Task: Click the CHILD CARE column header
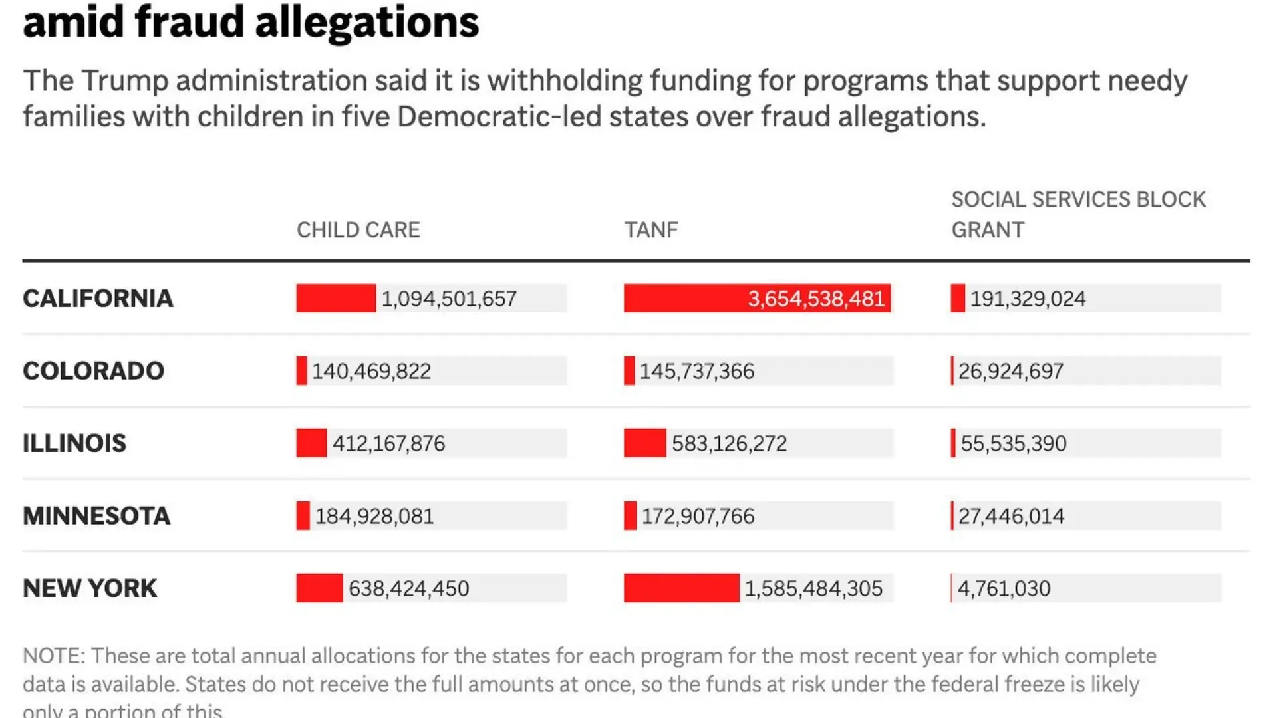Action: (x=358, y=230)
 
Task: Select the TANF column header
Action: (x=650, y=230)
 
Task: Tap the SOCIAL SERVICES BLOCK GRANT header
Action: (x=1077, y=214)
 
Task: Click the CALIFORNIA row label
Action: (x=98, y=299)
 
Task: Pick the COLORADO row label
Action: (x=93, y=371)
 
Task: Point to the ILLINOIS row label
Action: (x=74, y=443)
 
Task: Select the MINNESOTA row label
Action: (x=96, y=516)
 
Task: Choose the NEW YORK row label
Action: (x=90, y=588)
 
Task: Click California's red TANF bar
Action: (x=685, y=299)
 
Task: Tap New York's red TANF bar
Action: (x=681, y=588)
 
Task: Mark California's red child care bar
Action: (x=336, y=299)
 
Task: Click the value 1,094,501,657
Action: (x=449, y=299)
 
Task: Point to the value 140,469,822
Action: (x=371, y=371)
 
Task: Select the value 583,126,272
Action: (x=729, y=443)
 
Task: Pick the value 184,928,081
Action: (x=374, y=516)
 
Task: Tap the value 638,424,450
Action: (x=408, y=588)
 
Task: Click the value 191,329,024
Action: (x=1028, y=299)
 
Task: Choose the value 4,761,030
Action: (x=1004, y=588)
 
